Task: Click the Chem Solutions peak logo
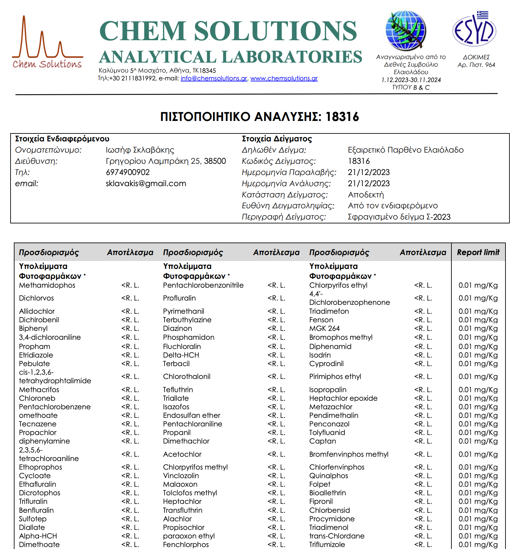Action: click(x=47, y=42)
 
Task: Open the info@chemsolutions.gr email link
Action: click(x=214, y=78)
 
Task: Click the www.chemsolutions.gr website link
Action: click(x=284, y=78)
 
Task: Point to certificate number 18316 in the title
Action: click(x=342, y=117)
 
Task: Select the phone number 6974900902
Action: click(x=128, y=172)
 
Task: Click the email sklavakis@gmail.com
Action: click(x=146, y=184)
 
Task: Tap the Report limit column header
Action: click(x=478, y=252)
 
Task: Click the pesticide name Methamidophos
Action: click(x=47, y=285)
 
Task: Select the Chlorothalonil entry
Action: click(x=187, y=377)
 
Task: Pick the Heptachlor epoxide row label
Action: click(x=343, y=398)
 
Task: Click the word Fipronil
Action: click(x=321, y=502)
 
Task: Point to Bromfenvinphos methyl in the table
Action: click(x=349, y=454)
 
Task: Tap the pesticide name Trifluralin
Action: click(x=33, y=502)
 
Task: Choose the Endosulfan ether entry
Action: click(x=192, y=416)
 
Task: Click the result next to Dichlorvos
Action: click(x=130, y=298)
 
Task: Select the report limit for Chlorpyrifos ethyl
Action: click(x=478, y=285)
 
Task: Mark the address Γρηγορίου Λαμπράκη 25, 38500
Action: click(x=166, y=161)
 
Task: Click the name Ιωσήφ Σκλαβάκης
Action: click(x=140, y=150)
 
